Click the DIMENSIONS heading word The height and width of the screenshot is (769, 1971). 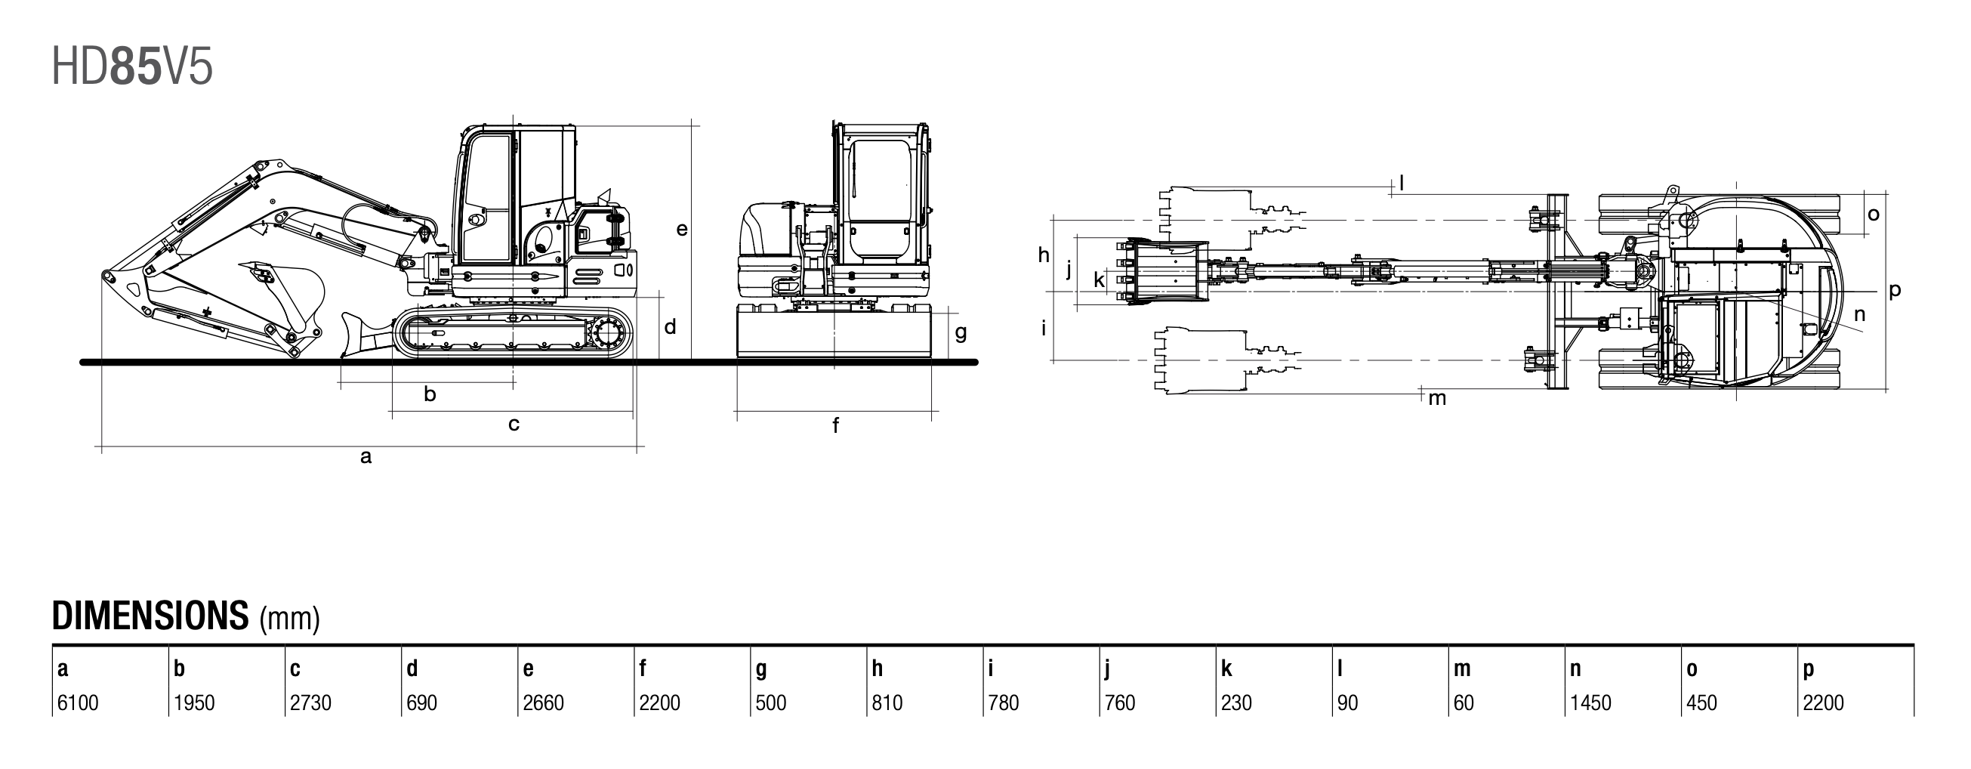click(x=150, y=615)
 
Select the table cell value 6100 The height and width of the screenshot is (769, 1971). click(x=78, y=703)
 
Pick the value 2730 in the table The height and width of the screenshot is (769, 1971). click(x=310, y=703)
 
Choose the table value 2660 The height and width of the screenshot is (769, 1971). click(x=542, y=703)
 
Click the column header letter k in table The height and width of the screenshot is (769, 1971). click(x=1226, y=669)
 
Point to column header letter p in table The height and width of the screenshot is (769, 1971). click(x=1808, y=669)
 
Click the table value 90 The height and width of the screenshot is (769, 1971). click(x=1347, y=703)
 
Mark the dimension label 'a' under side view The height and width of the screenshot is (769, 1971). click(x=366, y=458)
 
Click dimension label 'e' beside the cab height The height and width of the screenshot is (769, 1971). click(x=682, y=229)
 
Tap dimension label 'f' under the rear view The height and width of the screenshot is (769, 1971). click(x=835, y=426)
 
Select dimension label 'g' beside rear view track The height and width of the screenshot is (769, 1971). click(x=961, y=333)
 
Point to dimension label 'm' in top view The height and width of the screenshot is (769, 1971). click(x=1437, y=399)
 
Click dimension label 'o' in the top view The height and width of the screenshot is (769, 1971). click(x=1873, y=215)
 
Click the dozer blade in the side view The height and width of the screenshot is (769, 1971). click(x=356, y=335)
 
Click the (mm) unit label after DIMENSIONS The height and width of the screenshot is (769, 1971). click(x=289, y=619)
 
